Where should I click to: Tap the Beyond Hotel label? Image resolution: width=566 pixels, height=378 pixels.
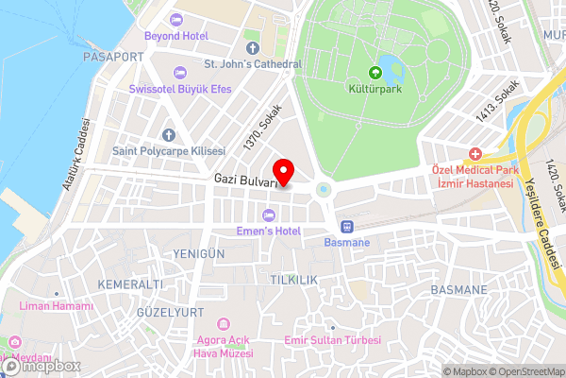click(175, 36)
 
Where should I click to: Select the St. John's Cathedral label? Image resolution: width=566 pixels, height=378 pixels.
click(253, 64)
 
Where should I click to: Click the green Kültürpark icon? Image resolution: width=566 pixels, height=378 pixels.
click(375, 72)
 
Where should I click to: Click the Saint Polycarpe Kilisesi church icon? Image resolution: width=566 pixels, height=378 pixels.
click(168, 135)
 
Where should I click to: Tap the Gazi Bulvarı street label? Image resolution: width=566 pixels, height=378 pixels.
click(243, 179)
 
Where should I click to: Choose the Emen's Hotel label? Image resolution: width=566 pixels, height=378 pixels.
click(269, 230)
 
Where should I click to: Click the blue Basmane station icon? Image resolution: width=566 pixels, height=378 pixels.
click(347, 226)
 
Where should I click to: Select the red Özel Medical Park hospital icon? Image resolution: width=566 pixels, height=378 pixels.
click(474, 153)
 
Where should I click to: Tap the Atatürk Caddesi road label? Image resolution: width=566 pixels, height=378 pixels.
click(75, 155)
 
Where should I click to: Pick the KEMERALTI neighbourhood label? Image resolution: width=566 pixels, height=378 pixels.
click(130, 283)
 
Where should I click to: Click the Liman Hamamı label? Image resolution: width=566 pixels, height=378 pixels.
click(58, 306)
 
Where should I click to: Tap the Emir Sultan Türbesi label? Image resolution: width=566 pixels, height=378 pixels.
click(332, 340)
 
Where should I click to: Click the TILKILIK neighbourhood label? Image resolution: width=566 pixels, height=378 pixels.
click(293, 280)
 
